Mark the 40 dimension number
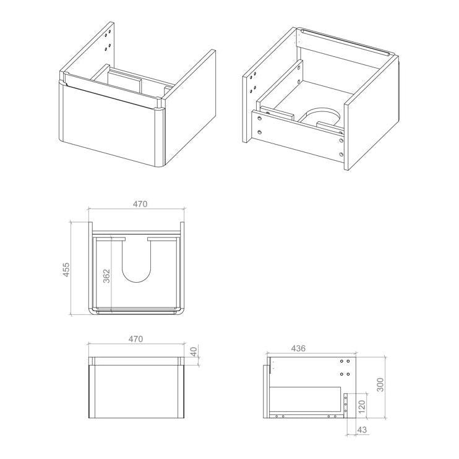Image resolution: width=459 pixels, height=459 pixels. pos(194,351)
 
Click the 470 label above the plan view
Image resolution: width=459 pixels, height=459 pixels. pos(138,204)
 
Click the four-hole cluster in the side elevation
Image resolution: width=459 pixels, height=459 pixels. pos(345,367)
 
